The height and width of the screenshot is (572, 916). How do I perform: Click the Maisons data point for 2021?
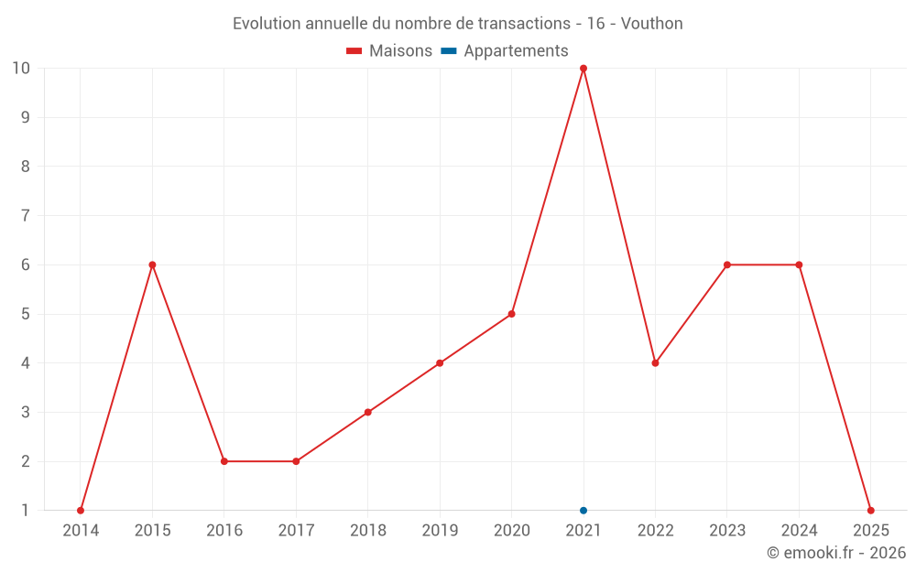(583, 69)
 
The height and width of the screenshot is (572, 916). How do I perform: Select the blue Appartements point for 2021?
(583, 511)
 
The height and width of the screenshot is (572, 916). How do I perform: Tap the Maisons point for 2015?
(152, 264)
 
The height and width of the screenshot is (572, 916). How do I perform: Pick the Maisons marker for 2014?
(81, 511)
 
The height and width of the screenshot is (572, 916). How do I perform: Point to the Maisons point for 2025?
(870, 511)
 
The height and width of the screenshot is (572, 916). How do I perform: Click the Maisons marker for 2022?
(655, 363)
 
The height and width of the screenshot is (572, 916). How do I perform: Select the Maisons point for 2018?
(368, 412)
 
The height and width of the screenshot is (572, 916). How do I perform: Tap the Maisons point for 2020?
(511, 314)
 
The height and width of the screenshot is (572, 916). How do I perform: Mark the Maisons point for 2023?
(727, 264)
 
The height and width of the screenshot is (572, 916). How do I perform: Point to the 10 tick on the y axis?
(21, 69)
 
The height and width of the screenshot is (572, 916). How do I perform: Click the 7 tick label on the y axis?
(25, 216)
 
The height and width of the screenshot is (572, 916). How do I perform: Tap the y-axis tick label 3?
(25, 412)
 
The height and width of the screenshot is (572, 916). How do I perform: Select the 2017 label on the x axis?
(296, 531)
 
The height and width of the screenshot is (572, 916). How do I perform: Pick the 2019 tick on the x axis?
(440, 531)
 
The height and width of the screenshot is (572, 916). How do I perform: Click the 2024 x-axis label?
(799, 531)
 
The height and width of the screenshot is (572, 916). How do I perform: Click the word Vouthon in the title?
(652, 24)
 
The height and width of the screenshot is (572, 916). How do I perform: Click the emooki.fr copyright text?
(836, 553)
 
